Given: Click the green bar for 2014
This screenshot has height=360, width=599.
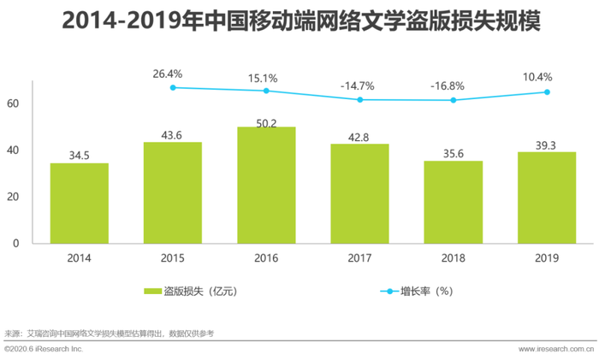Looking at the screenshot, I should [x=79, y=203].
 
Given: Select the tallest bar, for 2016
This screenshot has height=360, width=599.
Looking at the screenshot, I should [x=266, y=185].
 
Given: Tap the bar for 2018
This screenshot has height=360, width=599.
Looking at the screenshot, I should [x=453, y=202].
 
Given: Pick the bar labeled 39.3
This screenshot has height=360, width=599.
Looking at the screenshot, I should [x=546, y=198].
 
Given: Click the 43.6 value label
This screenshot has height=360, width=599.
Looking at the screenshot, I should [x=173, y=134].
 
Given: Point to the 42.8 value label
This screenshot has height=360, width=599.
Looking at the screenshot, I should [x=359, y=136].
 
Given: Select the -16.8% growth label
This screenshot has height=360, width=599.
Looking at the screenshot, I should [x=453, y=85].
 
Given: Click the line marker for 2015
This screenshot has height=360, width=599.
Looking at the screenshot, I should [x=173, y=87].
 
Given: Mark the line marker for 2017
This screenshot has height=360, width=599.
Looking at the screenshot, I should [x=359, y=99].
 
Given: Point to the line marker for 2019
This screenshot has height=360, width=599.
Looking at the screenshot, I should [x=546, y=91].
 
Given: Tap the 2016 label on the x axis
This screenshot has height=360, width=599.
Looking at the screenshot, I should [x=266, y=257].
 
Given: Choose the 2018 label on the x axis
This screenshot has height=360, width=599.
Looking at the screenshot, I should [x=453, y=257].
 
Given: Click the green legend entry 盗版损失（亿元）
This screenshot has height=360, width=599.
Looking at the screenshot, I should [x=190, y=292].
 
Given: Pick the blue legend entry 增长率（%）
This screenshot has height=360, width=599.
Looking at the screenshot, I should [x=419, y=292].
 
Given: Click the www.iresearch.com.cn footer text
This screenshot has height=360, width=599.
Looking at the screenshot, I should [x=556, y=351].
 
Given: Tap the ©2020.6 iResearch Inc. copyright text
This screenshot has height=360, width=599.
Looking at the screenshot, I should [x=43, y=351].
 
